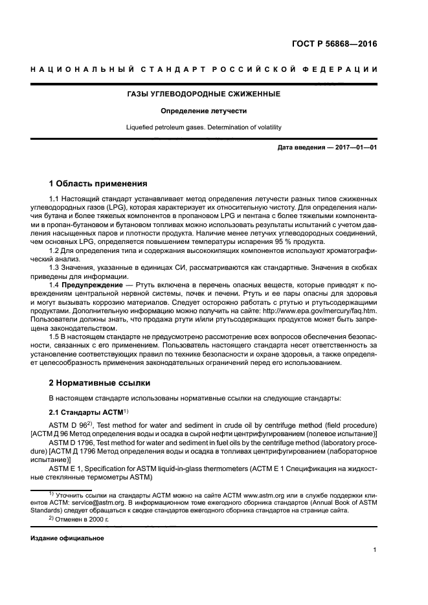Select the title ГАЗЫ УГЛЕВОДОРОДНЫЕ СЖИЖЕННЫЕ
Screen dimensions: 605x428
[x=203, y=94]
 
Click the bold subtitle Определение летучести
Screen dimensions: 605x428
[x=203, y=111]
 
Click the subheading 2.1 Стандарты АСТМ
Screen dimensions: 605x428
[x=89, y=412]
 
